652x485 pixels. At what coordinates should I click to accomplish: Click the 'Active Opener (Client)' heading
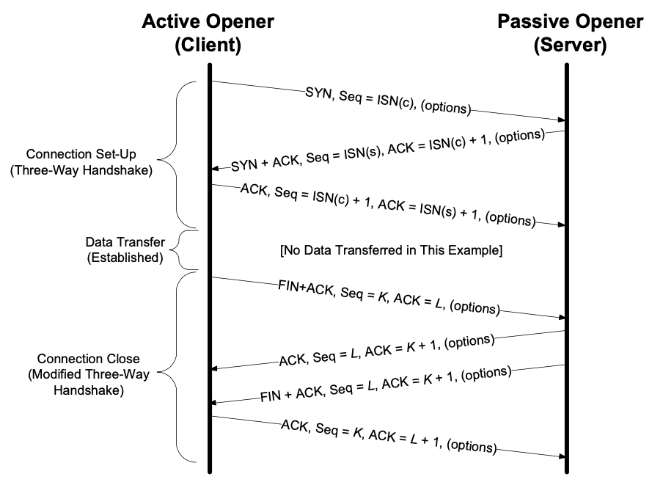(x=208, y=33)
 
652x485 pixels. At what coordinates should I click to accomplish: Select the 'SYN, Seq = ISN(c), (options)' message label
(x=387, y=101)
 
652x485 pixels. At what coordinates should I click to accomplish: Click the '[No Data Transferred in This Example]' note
(x=390, y=251)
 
